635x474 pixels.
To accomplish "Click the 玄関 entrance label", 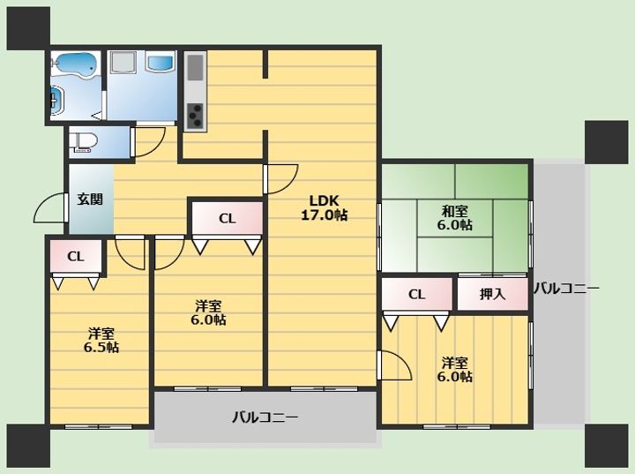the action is click(x=90, y=199).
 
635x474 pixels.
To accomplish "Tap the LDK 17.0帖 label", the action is click(x=324, y=207).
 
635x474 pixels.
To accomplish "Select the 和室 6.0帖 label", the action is click(x=455, y=218).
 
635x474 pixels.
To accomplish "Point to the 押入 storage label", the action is click(x=492, y=294).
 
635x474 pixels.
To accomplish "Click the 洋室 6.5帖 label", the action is click(x=101, y=340).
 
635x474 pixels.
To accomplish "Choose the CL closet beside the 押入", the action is click(x=416, y=294).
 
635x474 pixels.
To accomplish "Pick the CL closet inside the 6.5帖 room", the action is click(x=76, y=256).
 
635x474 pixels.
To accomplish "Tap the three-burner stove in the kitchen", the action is click(x=196, y=116).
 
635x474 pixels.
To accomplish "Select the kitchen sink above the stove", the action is click(x=195, y=67).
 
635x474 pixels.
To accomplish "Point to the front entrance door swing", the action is click(x=49, y=208).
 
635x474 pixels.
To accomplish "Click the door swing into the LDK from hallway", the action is click(x=281, y=179).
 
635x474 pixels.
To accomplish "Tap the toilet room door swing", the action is click(x=149, y=141).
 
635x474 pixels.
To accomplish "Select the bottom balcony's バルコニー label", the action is click(x=265, y=417).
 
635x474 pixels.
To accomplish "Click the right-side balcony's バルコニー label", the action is click(x=565, y=289).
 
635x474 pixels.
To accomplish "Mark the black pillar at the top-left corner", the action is click(x=28, y=28).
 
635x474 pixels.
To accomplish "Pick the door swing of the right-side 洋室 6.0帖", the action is click(x=395, y=365).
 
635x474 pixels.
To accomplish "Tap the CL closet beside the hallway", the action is click(x=228, y=218).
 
